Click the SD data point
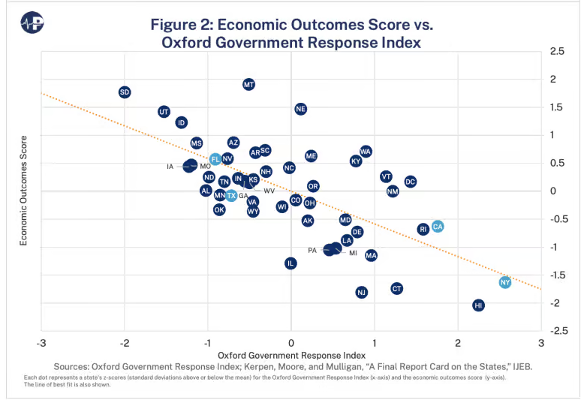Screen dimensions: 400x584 (x=125, y=92)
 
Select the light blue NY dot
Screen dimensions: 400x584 (x=505, y=282)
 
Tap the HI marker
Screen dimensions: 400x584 (x=478, y=305)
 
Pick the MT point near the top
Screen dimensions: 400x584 (x=248, y=85)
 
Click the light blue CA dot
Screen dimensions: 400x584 (x=438, y=227)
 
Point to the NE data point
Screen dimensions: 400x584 (x=300, y=109)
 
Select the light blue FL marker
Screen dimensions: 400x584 (x=215, y=159)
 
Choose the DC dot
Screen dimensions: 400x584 (x=410, y=182)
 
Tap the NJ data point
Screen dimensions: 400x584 (x=362, y=293)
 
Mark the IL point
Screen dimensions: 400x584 (x=290, y=263)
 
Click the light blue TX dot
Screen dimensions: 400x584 (x=231, y=195)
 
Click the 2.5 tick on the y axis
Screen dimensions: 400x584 (x=557, y=51)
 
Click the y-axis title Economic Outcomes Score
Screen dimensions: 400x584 (x=25, y=191)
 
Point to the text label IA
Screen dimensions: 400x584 (x=170, y=167)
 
